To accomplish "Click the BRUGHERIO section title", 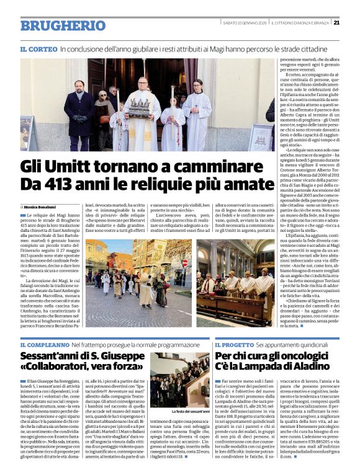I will coord(54,25).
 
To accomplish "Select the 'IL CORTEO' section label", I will coord(39,49).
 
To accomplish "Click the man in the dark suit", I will coord(79,112).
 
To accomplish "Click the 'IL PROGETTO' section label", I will coord(233,345).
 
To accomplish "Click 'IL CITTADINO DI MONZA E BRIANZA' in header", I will coord(300,23).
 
